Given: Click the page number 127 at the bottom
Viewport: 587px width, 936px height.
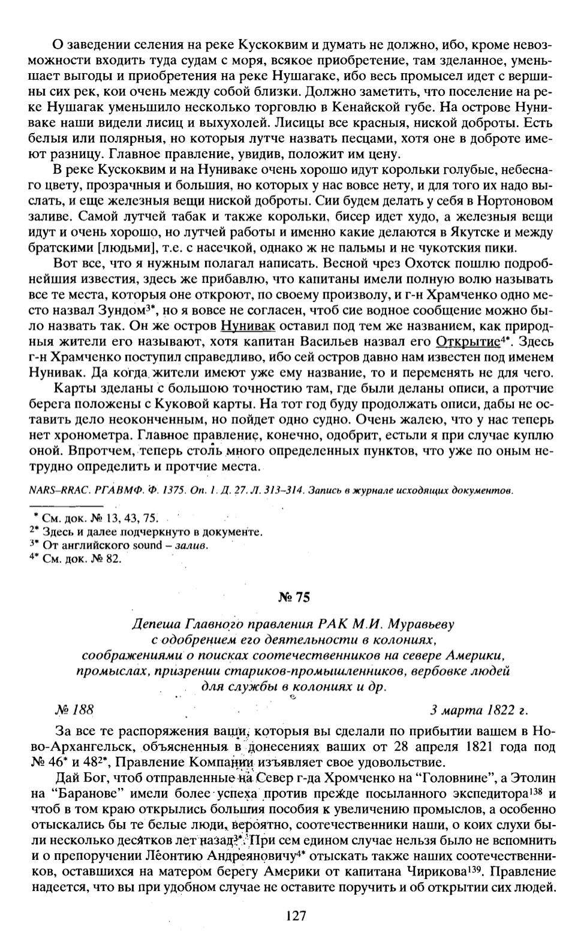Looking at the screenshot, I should [x=296, y=915].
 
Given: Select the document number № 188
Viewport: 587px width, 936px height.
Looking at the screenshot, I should [x=74, y=710].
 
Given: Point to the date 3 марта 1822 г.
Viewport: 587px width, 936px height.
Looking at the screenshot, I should [x=479, y=710].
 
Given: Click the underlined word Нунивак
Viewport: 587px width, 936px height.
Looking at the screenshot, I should [x=248, y=327].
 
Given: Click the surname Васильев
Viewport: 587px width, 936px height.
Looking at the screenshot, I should [x=358, y=342].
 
